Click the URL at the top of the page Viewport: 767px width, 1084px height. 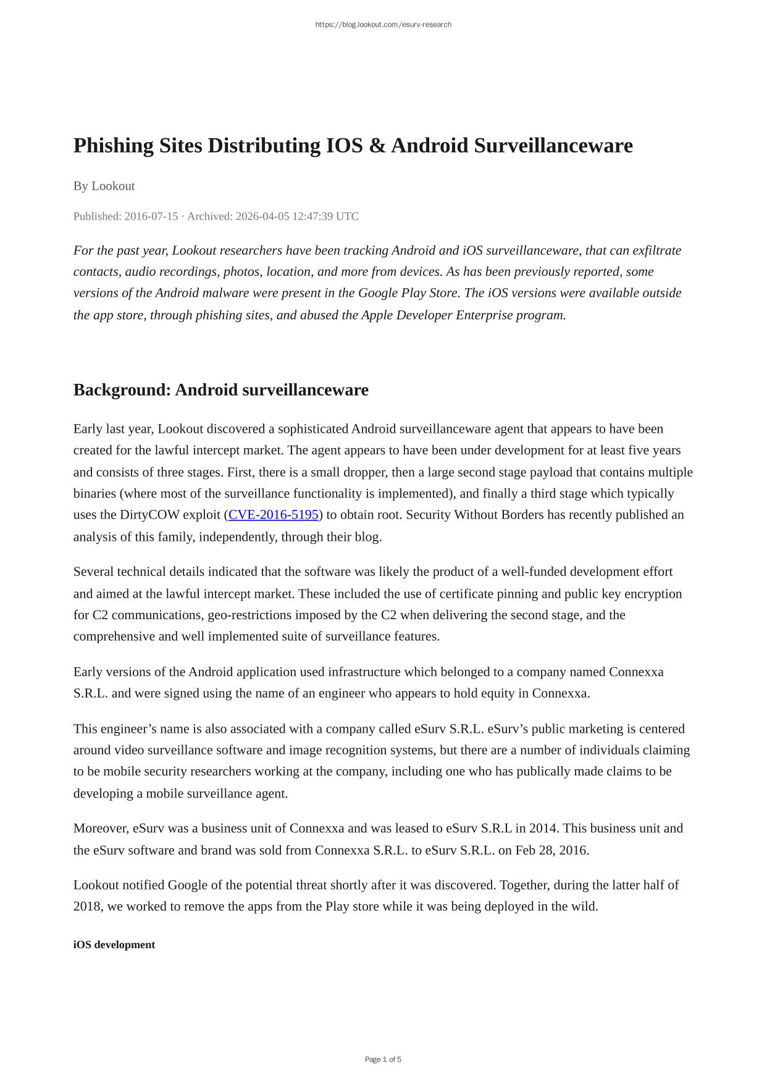coord(383,25)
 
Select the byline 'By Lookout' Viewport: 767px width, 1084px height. coord(104,186)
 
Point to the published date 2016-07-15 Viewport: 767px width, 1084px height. coord(151,216)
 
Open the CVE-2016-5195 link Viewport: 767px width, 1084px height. coord(274,515)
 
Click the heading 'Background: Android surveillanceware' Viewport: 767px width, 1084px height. coord(220,390)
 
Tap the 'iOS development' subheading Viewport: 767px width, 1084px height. coord(114,944)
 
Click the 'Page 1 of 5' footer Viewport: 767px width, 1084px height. coord(383,1059)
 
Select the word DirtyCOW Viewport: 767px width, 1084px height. coord(149,515)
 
